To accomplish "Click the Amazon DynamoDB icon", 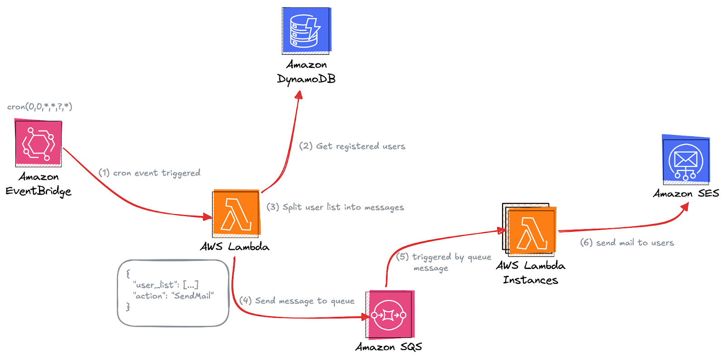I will point(306,30).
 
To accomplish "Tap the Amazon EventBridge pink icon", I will point(39,143).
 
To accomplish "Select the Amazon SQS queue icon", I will point(390,315).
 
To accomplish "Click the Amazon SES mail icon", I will point(686,160).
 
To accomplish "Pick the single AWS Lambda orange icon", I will point(236,213).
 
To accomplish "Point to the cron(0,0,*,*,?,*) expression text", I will point(39,107).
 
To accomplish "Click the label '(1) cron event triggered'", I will point(150,173).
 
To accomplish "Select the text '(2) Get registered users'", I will point(352,146).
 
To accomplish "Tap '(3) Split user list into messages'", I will point(335,207).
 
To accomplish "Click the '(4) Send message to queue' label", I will point(297,301).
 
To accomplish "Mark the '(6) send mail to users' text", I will point(627,243).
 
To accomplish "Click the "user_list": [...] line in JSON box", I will point(166,285).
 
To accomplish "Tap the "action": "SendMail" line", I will point(174,296).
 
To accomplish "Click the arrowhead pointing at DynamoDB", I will point(299,95).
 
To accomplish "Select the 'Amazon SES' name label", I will point(686,193).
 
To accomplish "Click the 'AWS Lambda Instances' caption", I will point(530,273).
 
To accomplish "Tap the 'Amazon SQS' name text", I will point(389,347).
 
